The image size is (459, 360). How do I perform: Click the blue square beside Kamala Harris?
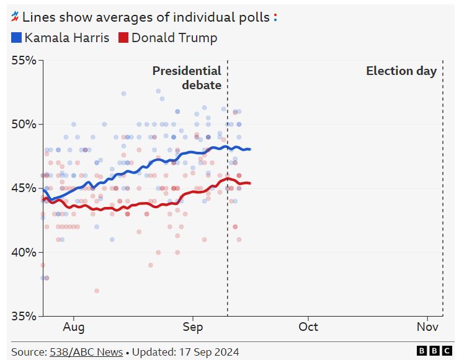coord(17,38)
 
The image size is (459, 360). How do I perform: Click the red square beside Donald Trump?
coord(123,38)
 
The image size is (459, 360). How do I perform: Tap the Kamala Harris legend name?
coord(67,38)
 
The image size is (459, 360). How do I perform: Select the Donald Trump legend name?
coord(174,38)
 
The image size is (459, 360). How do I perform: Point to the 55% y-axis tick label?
coord(24,60)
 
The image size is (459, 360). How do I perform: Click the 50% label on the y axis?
coord(24,124)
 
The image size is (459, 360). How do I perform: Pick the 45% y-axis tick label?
coord(24,188)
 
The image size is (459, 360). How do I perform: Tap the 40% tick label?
coord(24,252)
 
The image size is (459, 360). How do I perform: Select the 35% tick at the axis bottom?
coord(24,315)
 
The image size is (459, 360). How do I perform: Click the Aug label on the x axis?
coord(73,327)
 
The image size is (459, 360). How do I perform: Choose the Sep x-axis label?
coord(193,327)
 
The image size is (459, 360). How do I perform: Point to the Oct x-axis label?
coord(308,327)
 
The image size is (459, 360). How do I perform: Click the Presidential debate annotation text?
coord(187,77)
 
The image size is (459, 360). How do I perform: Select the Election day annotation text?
coord(401,71)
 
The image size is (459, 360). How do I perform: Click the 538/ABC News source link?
coord(86,352)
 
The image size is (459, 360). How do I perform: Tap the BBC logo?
coord(434,351)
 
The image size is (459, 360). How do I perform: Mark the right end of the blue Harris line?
coord(250,149)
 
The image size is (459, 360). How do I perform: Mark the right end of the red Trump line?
coord(250,183)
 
